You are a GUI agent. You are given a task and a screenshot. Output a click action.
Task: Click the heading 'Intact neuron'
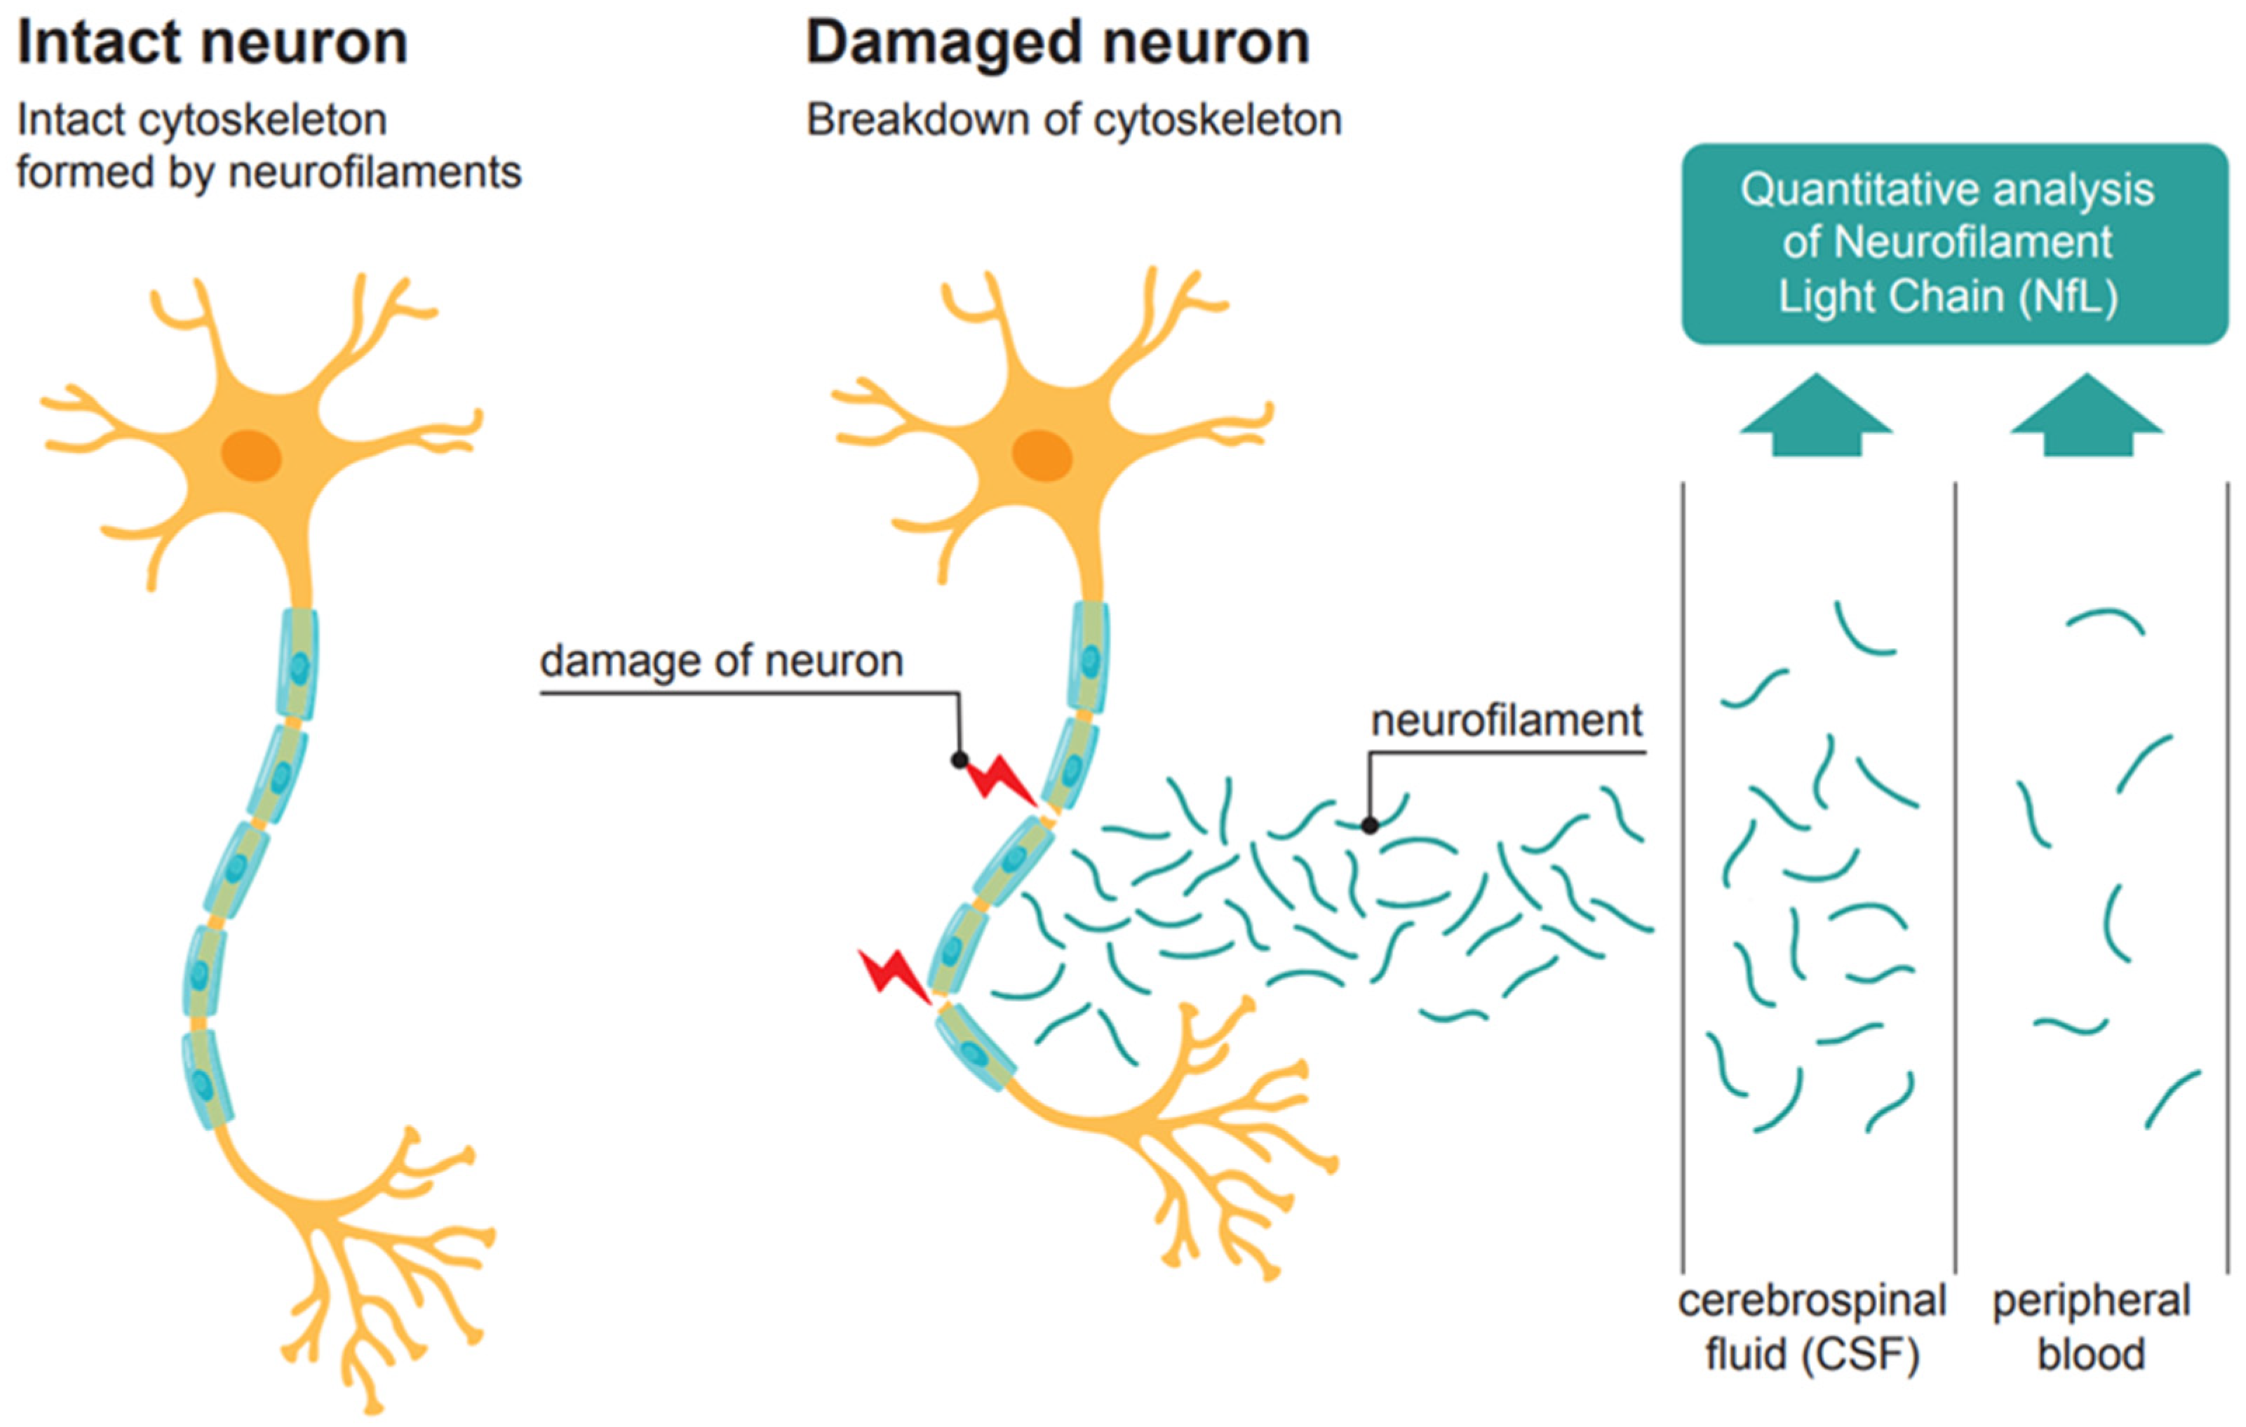213,43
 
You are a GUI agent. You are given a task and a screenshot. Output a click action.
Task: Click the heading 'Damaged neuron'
1058,43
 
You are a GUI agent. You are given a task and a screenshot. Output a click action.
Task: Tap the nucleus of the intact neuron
251,456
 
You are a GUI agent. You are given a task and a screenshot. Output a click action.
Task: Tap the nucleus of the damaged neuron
1042,456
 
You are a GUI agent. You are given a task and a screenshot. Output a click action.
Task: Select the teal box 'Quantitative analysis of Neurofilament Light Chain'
1954,244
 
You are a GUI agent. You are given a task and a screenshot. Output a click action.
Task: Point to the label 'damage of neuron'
721,661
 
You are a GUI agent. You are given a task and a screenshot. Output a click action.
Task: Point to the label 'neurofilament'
1507,721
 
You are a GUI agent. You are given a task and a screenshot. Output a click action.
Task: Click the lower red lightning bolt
894,975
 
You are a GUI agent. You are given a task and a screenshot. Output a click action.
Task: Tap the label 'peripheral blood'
2091,1327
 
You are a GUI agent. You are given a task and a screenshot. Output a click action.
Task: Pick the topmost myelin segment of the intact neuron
297,664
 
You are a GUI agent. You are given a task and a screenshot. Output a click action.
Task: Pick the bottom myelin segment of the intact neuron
207,1080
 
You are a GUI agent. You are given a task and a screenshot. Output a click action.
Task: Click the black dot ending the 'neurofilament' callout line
1369,825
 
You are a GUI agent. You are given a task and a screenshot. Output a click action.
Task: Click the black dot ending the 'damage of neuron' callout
959,760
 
